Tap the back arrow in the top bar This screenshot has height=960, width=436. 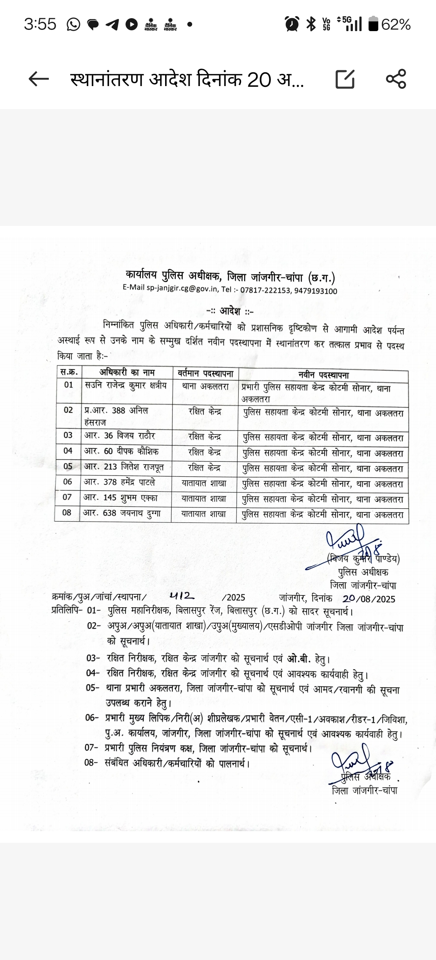(39, 79)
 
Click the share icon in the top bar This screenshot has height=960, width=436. (396, 79)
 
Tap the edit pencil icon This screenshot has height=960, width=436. (345, 79)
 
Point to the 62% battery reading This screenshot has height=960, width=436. (396, 25)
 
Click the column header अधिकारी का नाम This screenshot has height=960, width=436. (127, 373)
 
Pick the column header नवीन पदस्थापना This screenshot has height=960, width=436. (323, 375)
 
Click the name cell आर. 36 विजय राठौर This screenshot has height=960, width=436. (119, 436)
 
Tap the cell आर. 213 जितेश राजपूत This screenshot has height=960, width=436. (124, 467)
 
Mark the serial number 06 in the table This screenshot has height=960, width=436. (67, 482)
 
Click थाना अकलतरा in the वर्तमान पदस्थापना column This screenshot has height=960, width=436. (205, 387)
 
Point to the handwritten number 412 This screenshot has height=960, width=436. (182, 596)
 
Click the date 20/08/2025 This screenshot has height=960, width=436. (369, 599)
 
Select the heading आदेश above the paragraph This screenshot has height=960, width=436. (230, 311)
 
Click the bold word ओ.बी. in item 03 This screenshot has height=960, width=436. (299, 659)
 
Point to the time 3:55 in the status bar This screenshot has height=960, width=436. (40, 25)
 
